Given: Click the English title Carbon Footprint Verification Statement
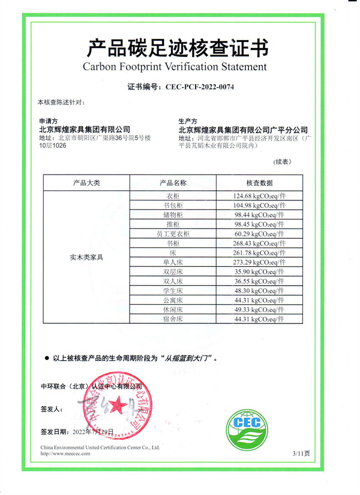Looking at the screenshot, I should pyautogui.click(x=178, y=66).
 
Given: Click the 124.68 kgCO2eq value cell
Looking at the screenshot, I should pyautogui.click(x=259, y=196).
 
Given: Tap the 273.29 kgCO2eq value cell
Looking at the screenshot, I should pyautogui.click(x=259, y=262).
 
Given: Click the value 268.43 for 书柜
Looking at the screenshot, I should pyautogui.click(x=259, y=244).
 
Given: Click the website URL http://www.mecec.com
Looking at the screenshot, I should pyautogui.click(x=65, y=454).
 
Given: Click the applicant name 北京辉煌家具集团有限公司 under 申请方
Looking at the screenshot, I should pyautogui.click(x=84, y=129).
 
